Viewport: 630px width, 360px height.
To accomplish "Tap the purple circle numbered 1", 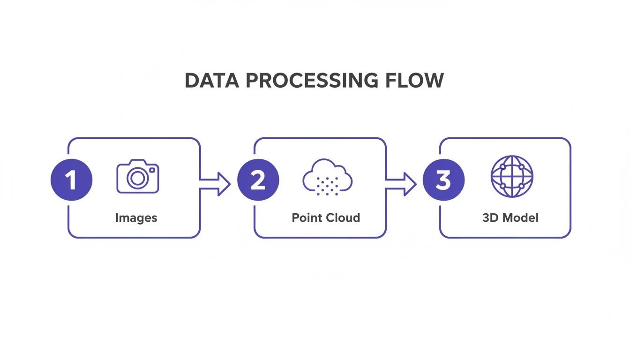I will tap(71, 180).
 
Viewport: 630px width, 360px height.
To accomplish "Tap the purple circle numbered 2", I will tap(258, 180).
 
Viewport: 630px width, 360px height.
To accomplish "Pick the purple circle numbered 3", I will tap(443, 180).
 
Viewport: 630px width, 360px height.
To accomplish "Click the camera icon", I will tap(138, 177).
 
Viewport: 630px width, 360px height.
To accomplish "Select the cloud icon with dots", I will tap(327, 178).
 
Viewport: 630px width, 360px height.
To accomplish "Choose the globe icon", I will tap(511, 176).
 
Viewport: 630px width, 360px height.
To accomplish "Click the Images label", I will tap(136, 218).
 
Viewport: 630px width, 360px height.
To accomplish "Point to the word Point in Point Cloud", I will tap(307, 218).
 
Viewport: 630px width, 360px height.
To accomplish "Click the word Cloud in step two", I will tap(344, 218).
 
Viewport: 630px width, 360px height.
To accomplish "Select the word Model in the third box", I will tap(519, 218).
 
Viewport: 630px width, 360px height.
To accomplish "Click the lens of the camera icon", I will tap(137, 179).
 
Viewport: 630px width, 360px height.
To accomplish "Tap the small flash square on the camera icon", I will tap(151, 170).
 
